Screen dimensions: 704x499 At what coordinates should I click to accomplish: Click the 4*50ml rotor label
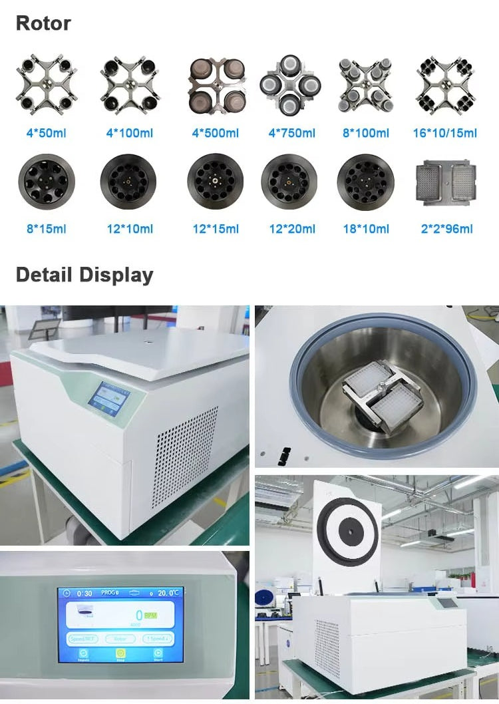click(46, 133)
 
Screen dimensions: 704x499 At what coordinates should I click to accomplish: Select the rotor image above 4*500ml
click(215, 85)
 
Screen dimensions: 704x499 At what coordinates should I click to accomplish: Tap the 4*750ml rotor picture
click(291, 85)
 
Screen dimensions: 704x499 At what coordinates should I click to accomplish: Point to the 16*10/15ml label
click(444, 133)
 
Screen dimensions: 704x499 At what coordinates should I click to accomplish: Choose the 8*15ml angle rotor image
click(46, 182)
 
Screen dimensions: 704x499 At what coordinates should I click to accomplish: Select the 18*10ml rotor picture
click(365, 182)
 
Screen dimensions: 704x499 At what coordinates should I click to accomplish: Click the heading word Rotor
click(43, 23)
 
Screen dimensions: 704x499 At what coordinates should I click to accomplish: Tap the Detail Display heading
click(84, 275)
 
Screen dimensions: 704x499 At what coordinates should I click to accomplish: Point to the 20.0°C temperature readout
click(166, 592)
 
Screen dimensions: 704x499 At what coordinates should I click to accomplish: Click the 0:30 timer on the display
click(84, 593)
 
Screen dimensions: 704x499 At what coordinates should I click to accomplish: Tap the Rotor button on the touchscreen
click(119, 638)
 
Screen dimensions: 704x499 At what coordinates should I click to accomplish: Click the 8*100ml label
click(365, 133)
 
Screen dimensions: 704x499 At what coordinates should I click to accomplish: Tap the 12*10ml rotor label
click(130, 229)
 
